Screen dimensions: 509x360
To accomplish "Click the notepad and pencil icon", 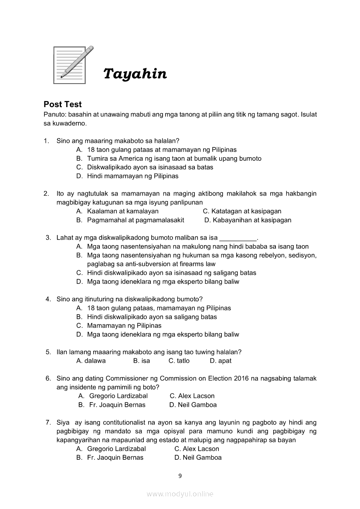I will coord(72,65).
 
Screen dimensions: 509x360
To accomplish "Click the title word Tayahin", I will coord(135,74).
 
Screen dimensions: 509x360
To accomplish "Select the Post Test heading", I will coord(63,104).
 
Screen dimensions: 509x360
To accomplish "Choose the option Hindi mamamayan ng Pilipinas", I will coord(132,176).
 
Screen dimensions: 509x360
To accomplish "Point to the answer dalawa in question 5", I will coord(95,361).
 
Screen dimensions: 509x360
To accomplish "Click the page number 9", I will coord(180,476).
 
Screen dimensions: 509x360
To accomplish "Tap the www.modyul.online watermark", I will coord(180,494).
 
